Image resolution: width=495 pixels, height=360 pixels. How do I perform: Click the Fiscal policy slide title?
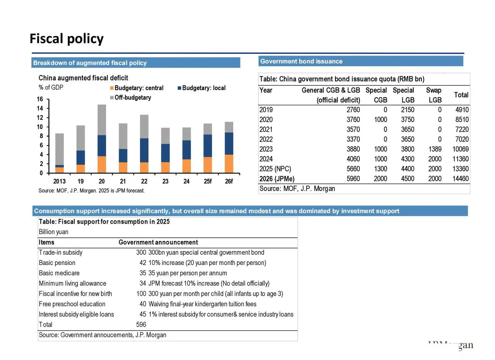[67, 39]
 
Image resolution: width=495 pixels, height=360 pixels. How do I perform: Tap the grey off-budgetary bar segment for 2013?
[59, 149]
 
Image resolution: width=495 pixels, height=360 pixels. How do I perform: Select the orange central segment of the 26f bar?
[229, 164]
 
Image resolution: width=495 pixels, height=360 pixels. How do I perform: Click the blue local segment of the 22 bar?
[144, 150]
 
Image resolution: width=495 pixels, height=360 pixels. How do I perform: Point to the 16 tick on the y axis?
[40, 99]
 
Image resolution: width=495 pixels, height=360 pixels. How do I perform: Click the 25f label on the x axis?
[208, 181]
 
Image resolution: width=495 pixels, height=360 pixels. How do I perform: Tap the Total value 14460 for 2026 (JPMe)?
[460, 179]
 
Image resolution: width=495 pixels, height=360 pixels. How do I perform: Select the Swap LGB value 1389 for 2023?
[435, 149]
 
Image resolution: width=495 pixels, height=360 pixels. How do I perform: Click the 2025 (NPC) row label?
[275, 169]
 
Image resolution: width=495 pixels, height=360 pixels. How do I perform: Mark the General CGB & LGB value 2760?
[353, 110]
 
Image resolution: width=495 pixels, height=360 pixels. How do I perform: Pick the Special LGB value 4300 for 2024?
[407, 159]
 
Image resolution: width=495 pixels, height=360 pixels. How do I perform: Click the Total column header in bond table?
[461, 95]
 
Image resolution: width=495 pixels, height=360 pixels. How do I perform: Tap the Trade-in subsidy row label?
[60, 252]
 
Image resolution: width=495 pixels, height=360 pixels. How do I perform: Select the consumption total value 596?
[141, 324]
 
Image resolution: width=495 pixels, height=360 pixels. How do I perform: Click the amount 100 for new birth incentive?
[141, 294]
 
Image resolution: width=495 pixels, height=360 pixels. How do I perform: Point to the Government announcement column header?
[158, 242]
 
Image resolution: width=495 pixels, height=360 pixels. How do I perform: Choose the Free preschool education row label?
[72, 304]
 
